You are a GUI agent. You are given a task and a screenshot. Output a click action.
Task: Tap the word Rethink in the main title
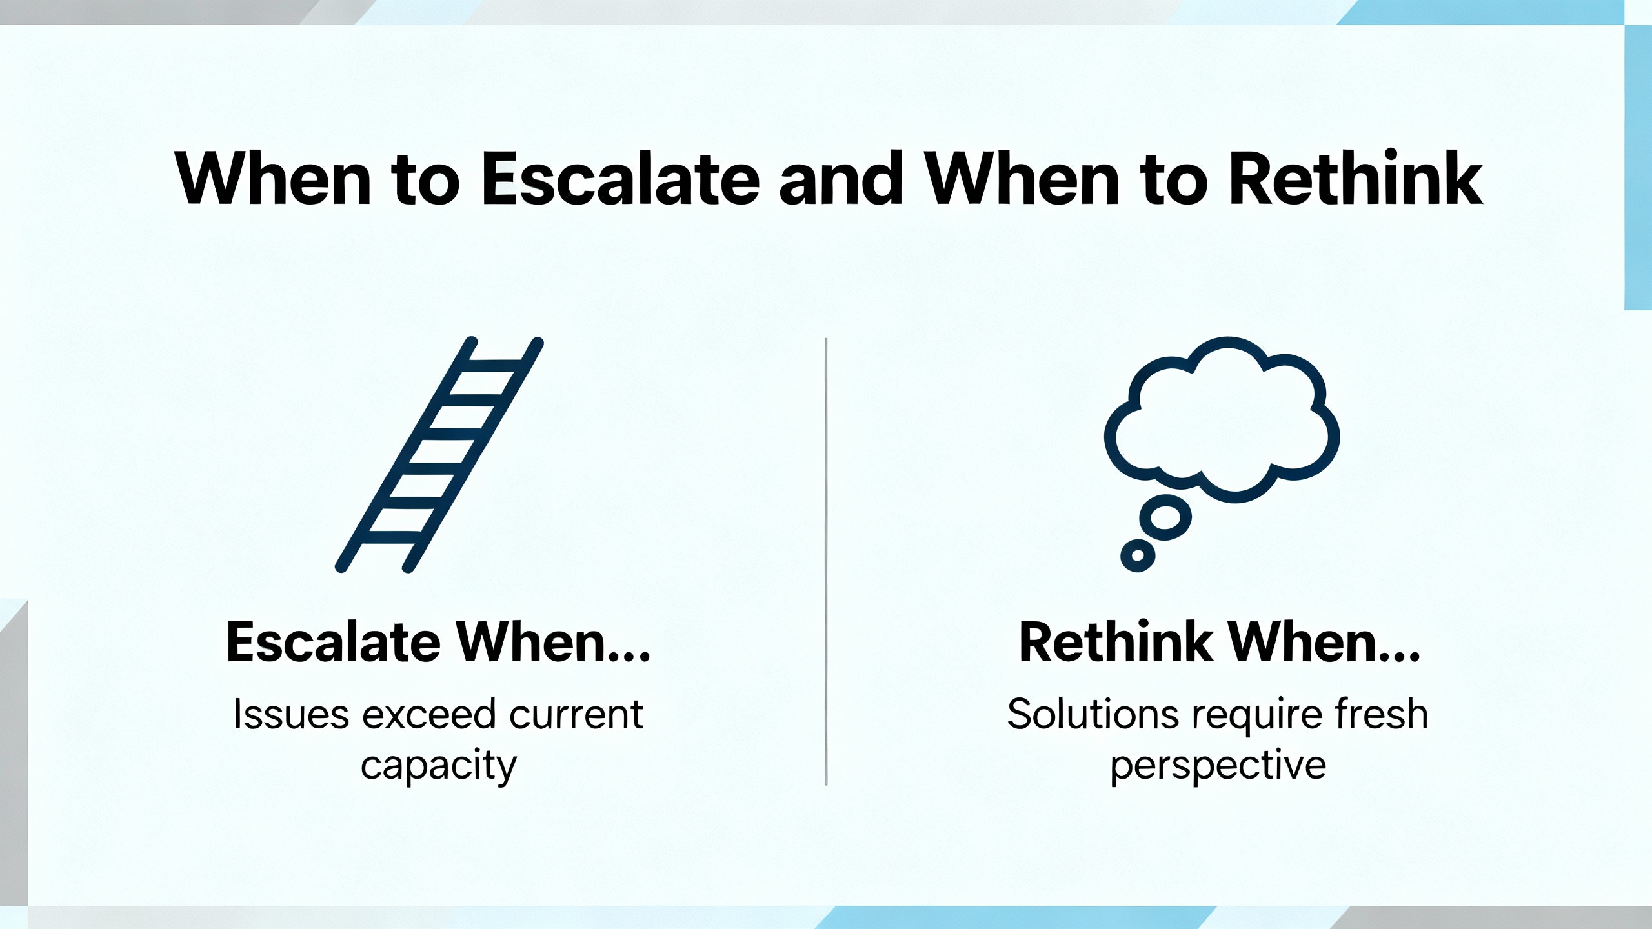[x=1355, y=178]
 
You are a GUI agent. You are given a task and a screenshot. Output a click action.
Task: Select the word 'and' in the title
[x=840, y=178]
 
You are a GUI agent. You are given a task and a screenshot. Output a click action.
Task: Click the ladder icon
[x=439, y=454]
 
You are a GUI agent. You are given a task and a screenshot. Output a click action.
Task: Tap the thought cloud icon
[x=1222, y=419]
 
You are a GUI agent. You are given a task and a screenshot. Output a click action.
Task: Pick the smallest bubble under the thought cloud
[x=1138, y=555]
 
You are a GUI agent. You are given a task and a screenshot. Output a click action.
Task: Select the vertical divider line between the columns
[x=826, y=561]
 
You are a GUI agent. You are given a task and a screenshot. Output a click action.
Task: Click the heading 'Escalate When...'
[x=438, y=642]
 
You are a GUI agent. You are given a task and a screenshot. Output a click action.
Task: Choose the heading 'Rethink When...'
[x=1220, y=642]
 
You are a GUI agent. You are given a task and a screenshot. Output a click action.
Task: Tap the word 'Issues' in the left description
[x=291, y=714]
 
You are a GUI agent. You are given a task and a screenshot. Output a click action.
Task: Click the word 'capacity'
[x=439, y=766]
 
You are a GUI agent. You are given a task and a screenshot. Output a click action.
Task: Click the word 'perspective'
[x=1218, y=766]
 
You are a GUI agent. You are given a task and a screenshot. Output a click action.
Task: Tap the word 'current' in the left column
[x=576, y=715]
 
